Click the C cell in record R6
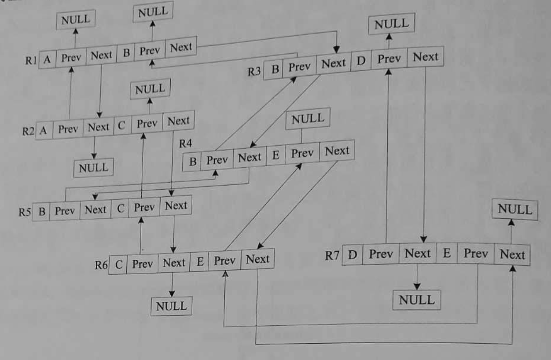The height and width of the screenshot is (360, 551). tap(118, 265)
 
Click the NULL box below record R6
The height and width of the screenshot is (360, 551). tap(171, 306)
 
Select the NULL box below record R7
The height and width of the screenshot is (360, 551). tap(416, 300)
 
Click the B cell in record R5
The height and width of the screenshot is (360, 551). tap(42, 212)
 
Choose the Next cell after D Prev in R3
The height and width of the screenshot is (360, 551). tap(425, 57)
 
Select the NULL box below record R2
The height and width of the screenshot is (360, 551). tap(93, 168)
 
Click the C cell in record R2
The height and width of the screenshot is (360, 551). tap(123, 126)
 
